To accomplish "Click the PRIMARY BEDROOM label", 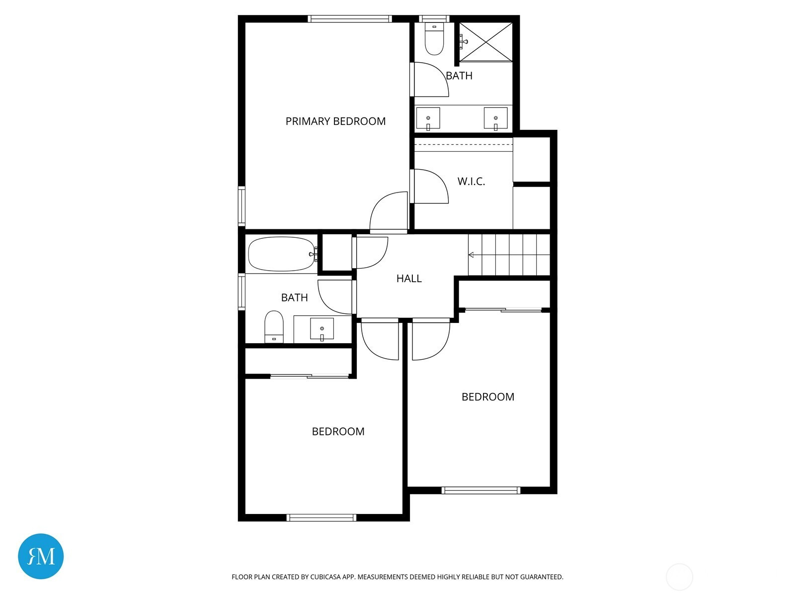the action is click(x=335, y=121).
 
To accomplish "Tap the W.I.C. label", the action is click(x=471, y=181).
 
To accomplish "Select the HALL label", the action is click(x=409, y=279).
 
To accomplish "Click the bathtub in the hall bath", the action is click(x=282, y=254).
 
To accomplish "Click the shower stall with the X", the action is click(x=485, y=42).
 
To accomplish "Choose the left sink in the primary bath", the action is click(x=428, y=118).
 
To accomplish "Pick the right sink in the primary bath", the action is click(x=495, y=118).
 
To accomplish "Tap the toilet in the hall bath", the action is click(x=274, y=326).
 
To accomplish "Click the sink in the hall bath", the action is click(x=321, y=329).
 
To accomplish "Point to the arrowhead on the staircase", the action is click(x=471, y=255).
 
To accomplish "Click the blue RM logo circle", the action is click(x=41, y=556).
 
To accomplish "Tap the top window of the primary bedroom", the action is click(x=350, y=19).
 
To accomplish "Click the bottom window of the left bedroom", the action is click(x=321, y=517).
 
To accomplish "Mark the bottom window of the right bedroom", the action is click(x=481, y=491).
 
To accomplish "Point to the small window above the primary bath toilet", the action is click(x=434, y=19).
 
